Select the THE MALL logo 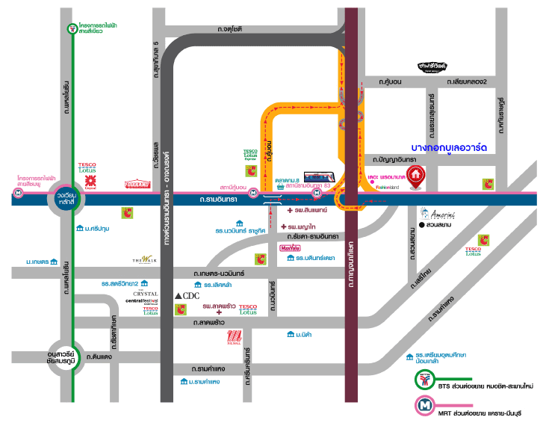(x=235, y=338)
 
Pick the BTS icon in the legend (x=424, y=380)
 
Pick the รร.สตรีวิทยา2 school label (x=122, y=284)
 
